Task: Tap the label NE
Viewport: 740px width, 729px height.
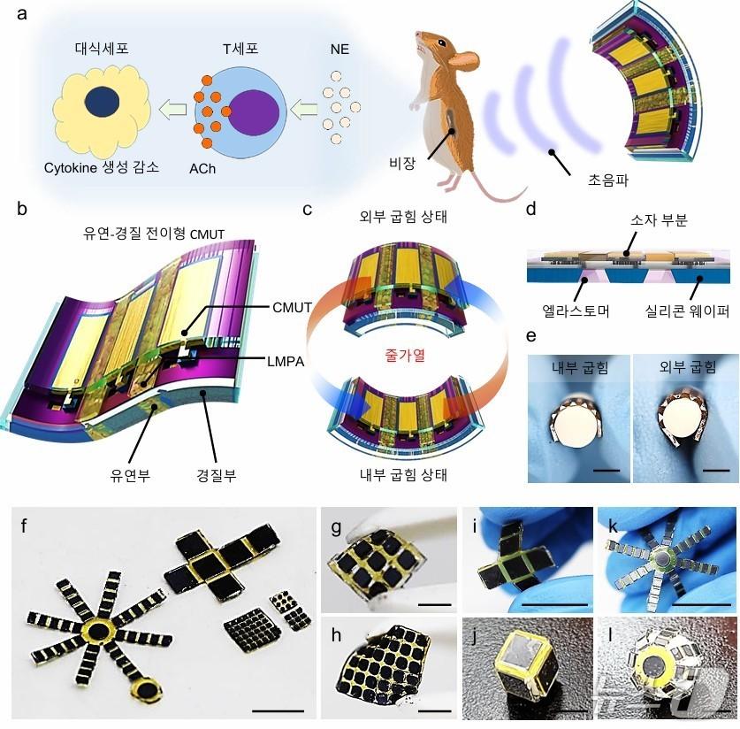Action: point(339,50)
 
